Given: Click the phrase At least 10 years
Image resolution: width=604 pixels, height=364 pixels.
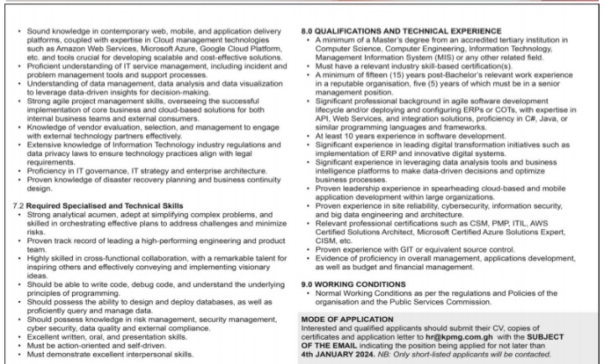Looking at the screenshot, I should pos(343,136).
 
